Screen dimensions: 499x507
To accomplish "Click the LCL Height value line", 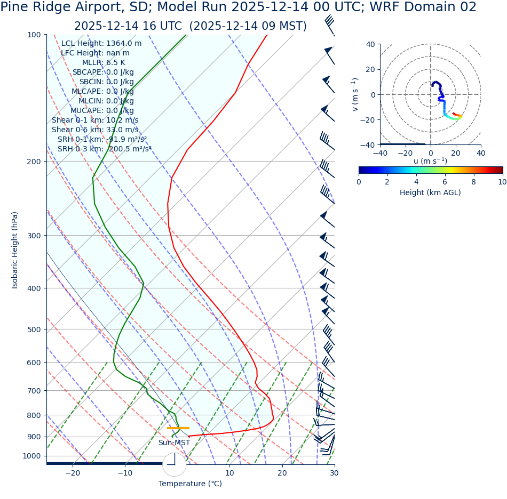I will coord(101,43).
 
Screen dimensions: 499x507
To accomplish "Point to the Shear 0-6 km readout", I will coord(95,130).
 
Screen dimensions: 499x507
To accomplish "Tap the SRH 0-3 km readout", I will coord(105,149).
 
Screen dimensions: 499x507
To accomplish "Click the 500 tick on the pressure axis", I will coord(34,329).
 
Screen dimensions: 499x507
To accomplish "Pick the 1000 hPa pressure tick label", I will coord(31,456).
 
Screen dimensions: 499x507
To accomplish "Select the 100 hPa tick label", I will coord(34,35).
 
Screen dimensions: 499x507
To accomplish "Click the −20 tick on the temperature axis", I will coord(73,473).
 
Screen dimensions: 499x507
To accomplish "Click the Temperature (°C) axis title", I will coord(190,484).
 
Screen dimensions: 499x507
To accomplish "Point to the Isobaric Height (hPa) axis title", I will coord(15,250).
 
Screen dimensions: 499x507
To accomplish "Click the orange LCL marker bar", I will coord(178,428).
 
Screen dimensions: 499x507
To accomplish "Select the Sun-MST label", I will coord(174,442).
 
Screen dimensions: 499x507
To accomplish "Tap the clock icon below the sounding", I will coord(174,465).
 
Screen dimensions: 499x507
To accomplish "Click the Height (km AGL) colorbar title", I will coord(430,192).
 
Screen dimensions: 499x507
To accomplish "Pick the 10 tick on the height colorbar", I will coord(502,182).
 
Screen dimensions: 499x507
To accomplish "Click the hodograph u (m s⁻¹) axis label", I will coord(430,161).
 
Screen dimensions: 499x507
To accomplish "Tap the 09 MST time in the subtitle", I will coord(278,26).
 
